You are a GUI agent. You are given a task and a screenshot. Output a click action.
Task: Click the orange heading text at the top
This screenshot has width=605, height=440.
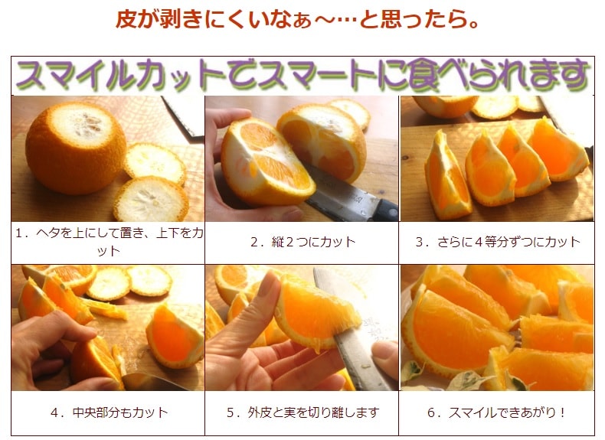297,19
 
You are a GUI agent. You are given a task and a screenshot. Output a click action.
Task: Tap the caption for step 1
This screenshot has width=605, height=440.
109,242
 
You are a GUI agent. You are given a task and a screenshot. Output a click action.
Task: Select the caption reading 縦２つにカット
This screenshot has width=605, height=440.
303,242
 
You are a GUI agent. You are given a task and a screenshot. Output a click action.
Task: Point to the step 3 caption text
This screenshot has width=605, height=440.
498,242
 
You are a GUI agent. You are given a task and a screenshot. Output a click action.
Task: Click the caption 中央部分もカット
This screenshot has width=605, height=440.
110,412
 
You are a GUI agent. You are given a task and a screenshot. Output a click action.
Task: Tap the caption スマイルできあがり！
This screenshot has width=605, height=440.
497,412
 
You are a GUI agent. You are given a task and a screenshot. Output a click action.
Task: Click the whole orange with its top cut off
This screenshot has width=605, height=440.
76,148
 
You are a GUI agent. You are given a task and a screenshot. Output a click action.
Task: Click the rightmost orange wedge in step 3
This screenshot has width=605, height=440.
560,151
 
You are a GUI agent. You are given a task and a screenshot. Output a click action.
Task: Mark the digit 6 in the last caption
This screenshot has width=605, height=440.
431,413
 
